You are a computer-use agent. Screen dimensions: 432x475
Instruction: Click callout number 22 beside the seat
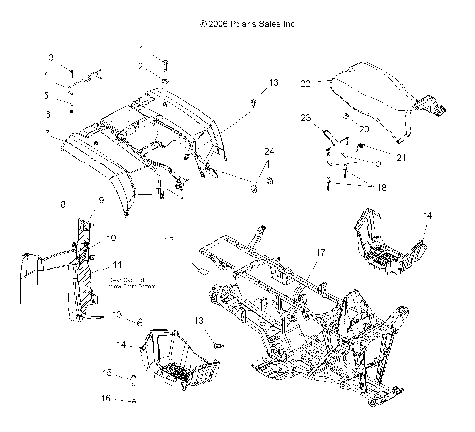click(306, 82)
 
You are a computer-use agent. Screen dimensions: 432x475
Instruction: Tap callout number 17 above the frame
click(318, 254)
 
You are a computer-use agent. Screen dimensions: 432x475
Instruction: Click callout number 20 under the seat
click(362, 129)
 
